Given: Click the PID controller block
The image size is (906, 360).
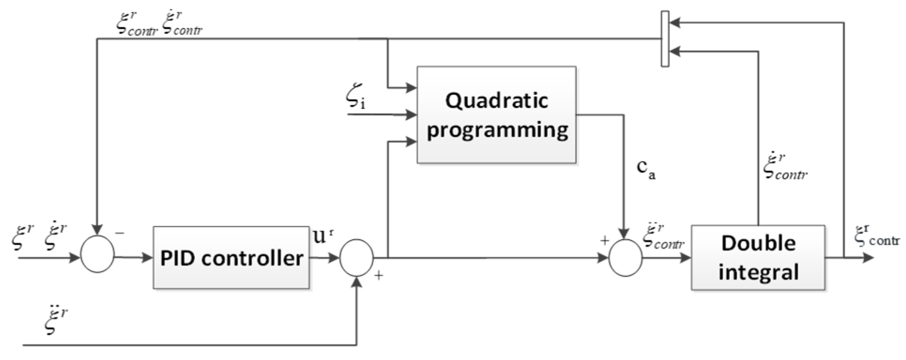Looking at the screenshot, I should (x=231, y=257).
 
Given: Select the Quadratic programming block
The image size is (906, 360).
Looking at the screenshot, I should (x=496, y=115).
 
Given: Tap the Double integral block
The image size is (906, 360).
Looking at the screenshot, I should (x=758, y=257).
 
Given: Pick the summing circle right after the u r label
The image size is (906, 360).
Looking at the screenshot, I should (x=356, y=257).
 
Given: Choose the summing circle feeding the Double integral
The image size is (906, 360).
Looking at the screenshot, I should (x=625, y=257).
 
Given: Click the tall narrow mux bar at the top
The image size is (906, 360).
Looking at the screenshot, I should (x=664, y=38).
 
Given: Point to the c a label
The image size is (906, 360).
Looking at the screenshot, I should (x=646, y=170).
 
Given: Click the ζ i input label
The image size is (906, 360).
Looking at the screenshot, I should (x=355, y=99).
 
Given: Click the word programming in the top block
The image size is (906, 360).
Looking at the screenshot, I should (x=497, y=129).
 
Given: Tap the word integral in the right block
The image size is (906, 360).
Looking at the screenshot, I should (x=758, y=272).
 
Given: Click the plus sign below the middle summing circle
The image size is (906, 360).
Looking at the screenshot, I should (x=378, y=276).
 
